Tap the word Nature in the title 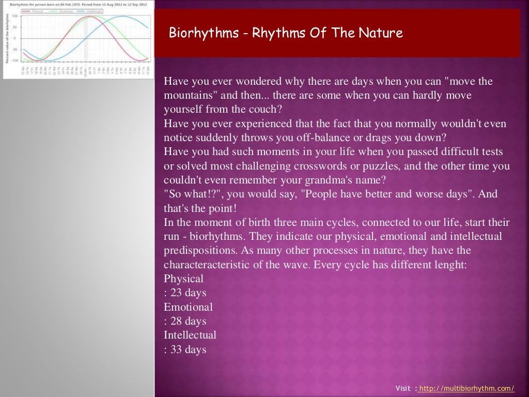point(383,34)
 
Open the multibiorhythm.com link point(466,388)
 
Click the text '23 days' point(188,293)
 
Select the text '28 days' point(188,321)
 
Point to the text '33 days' point(188,349)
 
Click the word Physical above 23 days point(183,279)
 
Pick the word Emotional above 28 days point(188,307)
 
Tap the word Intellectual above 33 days point(190,335)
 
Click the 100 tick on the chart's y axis point(14,16)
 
